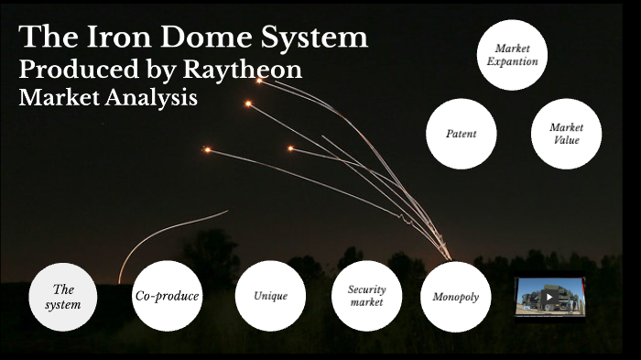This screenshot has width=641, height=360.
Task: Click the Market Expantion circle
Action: (513, 55)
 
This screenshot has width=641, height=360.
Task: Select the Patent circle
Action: (462, 134)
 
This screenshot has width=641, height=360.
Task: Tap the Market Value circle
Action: (567, 134)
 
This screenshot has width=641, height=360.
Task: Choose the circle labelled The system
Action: (63, 297)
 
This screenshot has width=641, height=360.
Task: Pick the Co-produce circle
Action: (167, 296)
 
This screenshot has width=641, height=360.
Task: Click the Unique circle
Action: (271, 296)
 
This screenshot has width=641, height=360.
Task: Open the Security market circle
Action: (366, 296)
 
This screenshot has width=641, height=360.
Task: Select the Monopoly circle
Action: (455, 297)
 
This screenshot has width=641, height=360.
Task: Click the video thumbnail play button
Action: (549, 297)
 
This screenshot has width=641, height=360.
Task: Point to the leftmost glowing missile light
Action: (207, 149)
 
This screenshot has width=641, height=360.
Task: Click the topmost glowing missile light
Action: (259, 81)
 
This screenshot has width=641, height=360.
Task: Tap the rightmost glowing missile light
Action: (290, 148)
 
